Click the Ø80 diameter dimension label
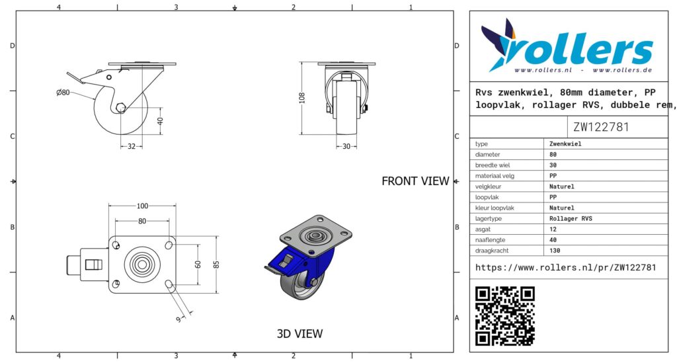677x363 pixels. point(63,93)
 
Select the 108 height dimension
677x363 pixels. point(301,98)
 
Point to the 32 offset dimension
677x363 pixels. point(132,146)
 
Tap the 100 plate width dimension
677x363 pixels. point(143,206)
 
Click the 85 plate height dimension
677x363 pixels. point(216,264)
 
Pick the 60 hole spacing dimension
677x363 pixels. point(198,264)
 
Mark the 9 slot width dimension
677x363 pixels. point(179,319)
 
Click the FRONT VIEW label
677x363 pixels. point(415,181)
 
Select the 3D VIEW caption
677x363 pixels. point(299,334)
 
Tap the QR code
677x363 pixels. point(504,316)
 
